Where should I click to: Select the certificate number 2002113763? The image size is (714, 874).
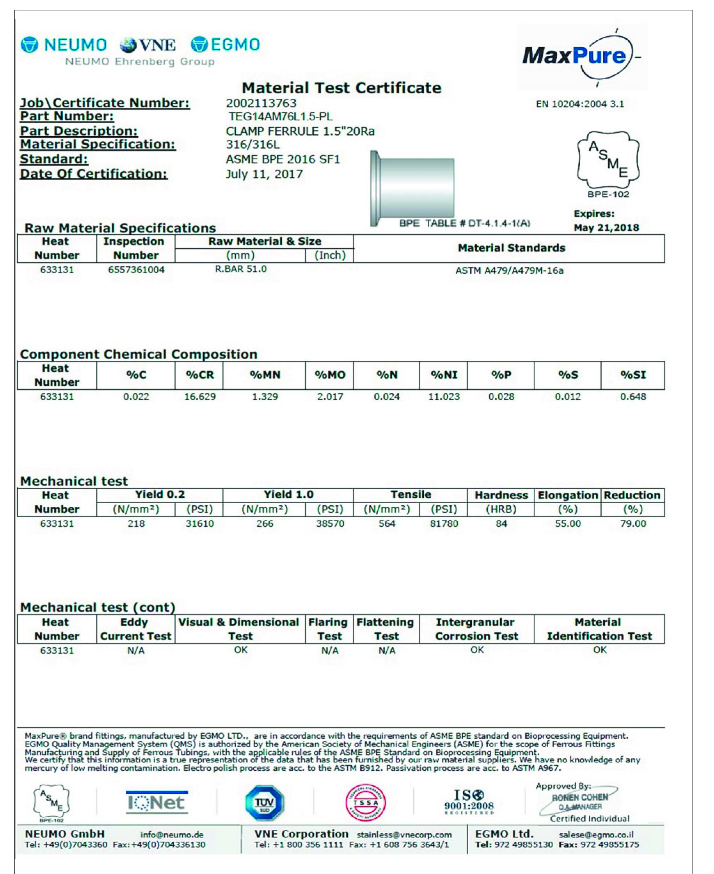261,103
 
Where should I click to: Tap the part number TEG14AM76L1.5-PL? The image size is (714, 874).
281,117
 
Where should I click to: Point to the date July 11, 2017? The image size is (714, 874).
264,174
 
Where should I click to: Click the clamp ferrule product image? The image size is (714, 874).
413,188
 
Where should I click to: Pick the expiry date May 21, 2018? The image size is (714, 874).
606,228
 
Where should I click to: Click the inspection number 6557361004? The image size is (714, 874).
136,270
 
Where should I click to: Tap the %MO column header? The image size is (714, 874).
329,375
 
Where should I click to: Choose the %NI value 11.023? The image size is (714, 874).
444,397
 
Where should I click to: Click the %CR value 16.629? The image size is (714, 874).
199,397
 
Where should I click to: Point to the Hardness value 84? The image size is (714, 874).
501,524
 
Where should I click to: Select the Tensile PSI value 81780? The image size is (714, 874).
444,524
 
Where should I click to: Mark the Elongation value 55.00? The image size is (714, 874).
567,524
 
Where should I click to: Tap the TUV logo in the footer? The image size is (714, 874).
265,803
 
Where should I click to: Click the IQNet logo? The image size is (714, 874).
157,802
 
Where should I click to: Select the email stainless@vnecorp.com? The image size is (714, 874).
404,835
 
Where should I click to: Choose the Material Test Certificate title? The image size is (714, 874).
342,88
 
